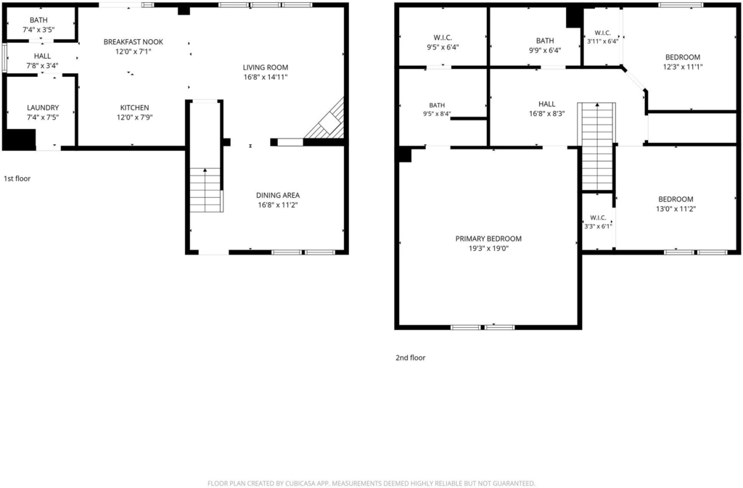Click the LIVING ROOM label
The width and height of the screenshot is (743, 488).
click(x=266, y=67)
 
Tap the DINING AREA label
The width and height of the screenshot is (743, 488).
click(x=278, y=195)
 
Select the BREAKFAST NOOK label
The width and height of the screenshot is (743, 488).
click(x=134, y=41)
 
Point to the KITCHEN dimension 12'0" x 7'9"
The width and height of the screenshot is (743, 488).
click(x=134, y=117)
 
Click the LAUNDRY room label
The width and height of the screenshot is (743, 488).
click(x=43, y=107)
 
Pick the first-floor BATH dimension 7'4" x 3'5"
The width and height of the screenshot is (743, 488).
click(x=39, y=29)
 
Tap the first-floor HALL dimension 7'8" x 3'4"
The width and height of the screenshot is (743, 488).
click(x=42, y=65)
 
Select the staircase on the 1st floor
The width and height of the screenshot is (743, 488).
click(x=205, y=189)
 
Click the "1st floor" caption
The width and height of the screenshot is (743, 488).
click(x=17, y=178)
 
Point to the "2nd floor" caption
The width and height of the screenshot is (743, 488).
click(x=411, y=357)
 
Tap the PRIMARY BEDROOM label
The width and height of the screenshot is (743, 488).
click(x=488, y=239)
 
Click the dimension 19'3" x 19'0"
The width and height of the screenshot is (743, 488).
click(x=488, y=248)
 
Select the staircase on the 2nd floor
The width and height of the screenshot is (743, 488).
click(x=597, y=146)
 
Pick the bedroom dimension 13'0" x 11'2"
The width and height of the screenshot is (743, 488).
click(x=676, y=209)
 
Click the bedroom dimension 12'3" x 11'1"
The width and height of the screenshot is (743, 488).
click(x=683, y=67)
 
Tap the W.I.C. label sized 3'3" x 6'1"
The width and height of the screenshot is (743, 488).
click(x=598, y=218)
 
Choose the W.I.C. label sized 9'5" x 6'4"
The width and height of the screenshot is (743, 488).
click(x=443, y=38)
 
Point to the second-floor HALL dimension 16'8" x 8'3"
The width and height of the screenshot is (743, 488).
click(x=547, y=114)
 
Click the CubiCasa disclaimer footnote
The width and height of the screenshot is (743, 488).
click(x=371, y=483)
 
